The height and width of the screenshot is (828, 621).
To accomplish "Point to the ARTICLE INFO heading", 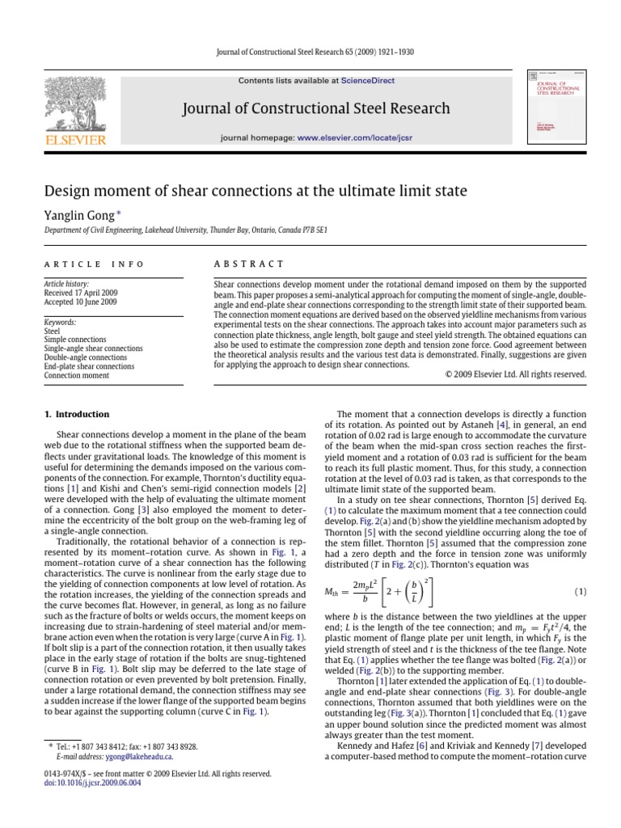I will (x=94, y=264).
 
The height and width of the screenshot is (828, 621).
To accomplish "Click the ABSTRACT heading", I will (x=248, y=264).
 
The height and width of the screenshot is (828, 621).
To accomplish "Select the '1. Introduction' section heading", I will (x=77, y=414).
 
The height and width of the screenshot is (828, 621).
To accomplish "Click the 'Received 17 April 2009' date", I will (x=81, y=293).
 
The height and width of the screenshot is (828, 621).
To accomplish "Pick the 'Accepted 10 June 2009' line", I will (x=80, y=302).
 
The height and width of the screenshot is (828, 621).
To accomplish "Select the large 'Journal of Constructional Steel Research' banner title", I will (x=316, y=108).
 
